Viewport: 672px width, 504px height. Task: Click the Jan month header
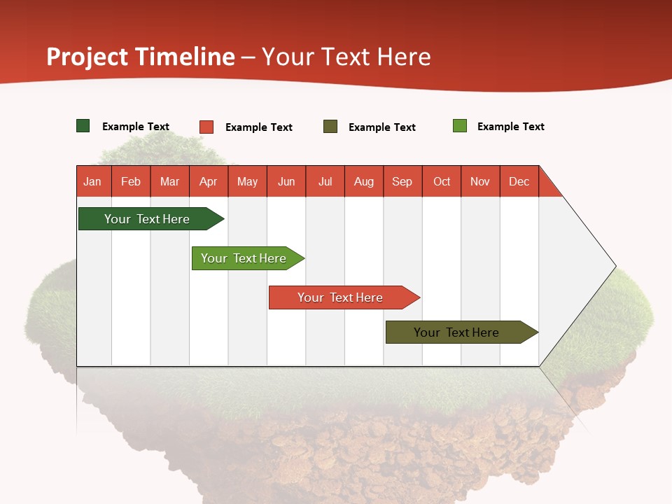click(x=92, y=181)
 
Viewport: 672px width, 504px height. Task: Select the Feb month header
click(x=131, y=181)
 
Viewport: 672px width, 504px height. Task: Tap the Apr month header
click(x=209, y=181)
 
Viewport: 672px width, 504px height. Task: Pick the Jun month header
click(x=286, y=181)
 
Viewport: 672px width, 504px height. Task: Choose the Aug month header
click(x=364, y=181)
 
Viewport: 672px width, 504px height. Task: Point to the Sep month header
click(x=402, y=181)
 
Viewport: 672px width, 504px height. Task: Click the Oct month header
click(x=442, y=181)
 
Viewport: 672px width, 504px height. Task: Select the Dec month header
click(x=519, y=181)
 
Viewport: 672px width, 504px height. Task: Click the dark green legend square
click(x=83, y=126)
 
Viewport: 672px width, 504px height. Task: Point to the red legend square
click(x=206, y=127)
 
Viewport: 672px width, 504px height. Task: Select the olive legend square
click(x=330, y=127)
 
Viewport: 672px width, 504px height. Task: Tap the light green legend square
click(x=460, y=126)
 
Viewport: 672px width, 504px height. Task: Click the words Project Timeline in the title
click(x=141, y=57)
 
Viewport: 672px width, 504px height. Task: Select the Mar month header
click(x=170, y=181)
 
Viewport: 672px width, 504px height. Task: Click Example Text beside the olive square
click(x=382, y=127)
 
